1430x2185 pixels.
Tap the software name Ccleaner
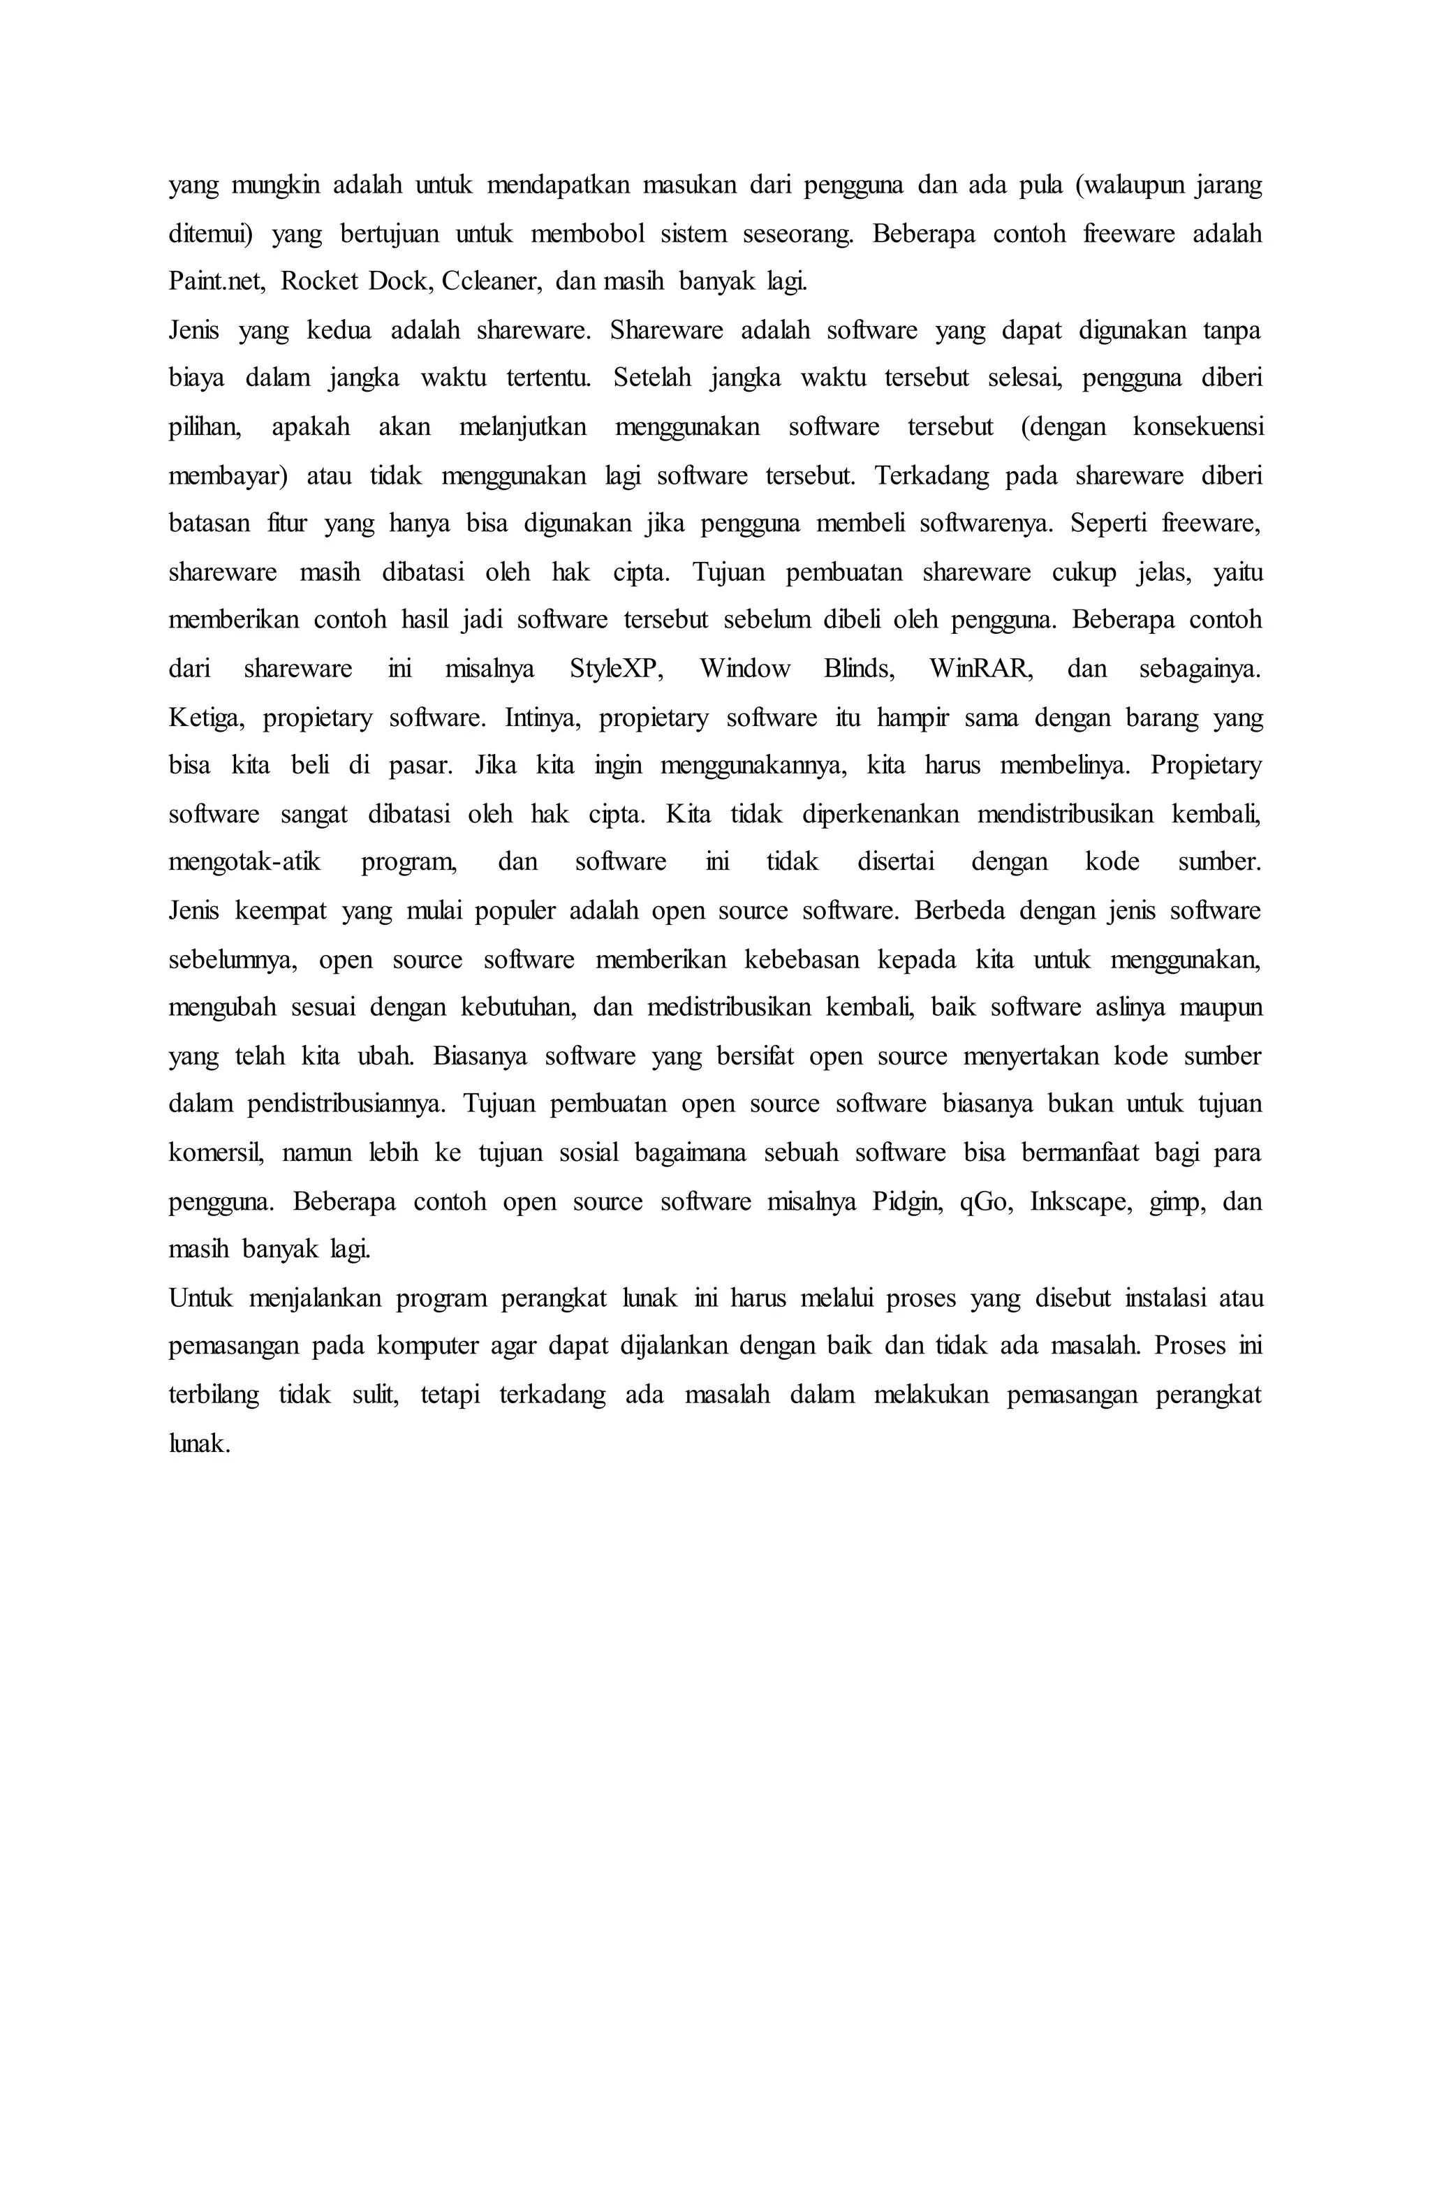point(492,281)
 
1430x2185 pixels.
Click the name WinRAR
point(980,668)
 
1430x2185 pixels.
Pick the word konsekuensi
point(1197,427)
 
